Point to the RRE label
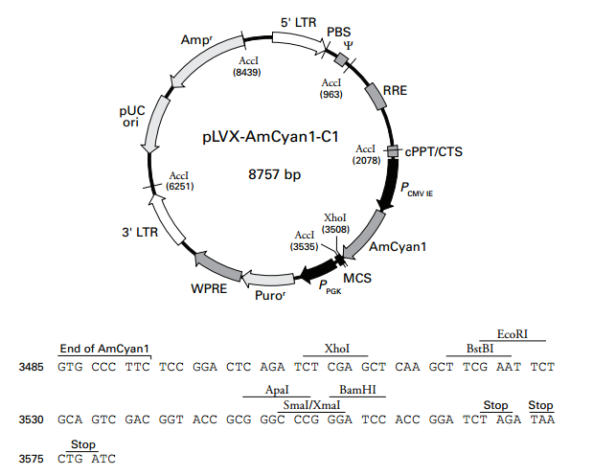pos(396,91)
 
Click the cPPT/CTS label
pos(433,150)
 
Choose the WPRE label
pos(208,287)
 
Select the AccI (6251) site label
pos(178,182)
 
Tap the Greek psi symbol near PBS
pos(349,45)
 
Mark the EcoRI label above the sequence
pos(513,334)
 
